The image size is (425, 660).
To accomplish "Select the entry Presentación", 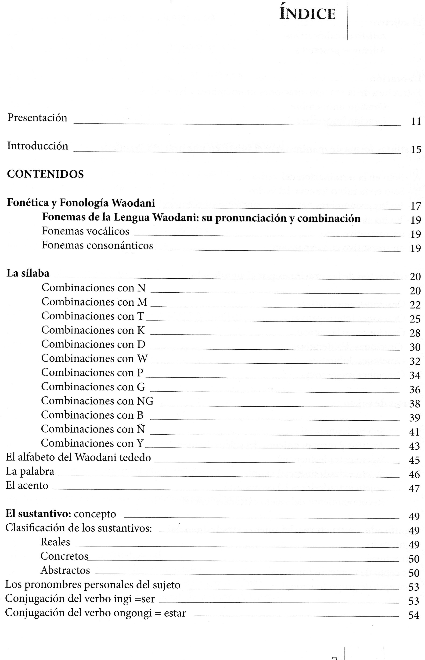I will point(37,118).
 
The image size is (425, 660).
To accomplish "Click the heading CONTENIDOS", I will point(45,174).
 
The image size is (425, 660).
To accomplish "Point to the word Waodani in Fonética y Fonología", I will point(133,203).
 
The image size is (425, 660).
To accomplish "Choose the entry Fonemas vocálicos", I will point(86,231).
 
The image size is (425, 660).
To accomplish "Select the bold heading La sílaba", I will point(28,273).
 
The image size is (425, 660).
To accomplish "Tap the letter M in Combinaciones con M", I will point(142,302).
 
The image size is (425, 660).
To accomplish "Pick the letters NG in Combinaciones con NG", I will point(145,401).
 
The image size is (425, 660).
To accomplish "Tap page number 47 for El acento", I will point(414,489).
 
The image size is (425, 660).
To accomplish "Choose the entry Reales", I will point(55,542).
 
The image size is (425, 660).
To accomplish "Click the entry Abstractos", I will point(65,570).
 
